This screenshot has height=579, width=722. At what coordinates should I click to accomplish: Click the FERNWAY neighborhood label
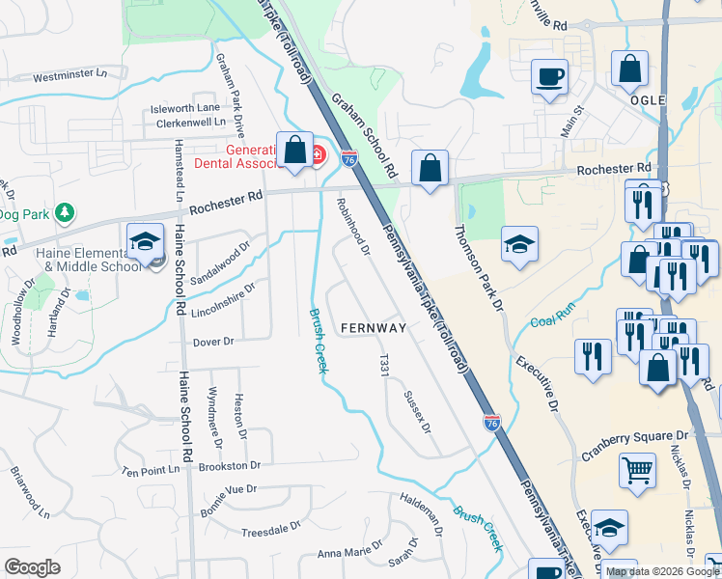(374, 328)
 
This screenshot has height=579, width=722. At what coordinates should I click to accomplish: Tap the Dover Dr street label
(214, 342)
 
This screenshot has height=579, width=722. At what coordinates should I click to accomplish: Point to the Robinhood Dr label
(353, 227)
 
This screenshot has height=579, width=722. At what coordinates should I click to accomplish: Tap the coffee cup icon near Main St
(550, 76)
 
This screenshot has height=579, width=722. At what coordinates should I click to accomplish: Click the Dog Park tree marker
(65, 211)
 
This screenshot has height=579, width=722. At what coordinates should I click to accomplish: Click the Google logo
(32, 567)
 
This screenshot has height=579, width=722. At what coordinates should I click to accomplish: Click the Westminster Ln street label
(79, 76)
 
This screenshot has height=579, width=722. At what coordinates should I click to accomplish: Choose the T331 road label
(384, 366)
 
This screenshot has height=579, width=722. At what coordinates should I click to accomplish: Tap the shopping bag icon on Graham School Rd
(430, 168)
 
